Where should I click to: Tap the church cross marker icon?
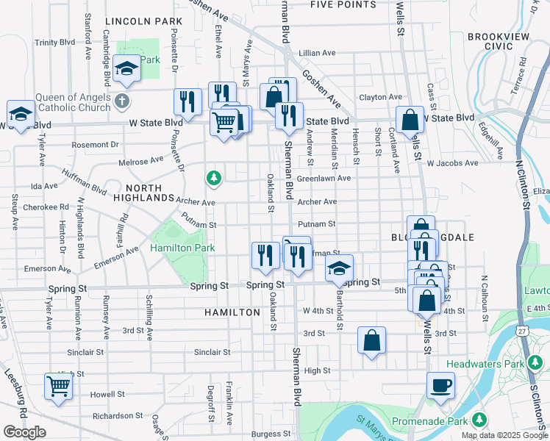click(123, 101)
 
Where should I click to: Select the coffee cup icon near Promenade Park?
click(440, 386)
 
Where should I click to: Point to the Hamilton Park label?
click(182, 248)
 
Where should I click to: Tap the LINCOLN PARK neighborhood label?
click(143, 22)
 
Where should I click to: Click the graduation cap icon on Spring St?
click(339, 268)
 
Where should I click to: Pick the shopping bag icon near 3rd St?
click(372, 340)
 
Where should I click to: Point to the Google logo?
click(24, 432)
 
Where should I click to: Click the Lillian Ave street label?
click(317, 53)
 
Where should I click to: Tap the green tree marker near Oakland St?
click(213, 177)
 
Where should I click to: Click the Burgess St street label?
click(265, 434)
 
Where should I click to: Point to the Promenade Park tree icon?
click(480, 419)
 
